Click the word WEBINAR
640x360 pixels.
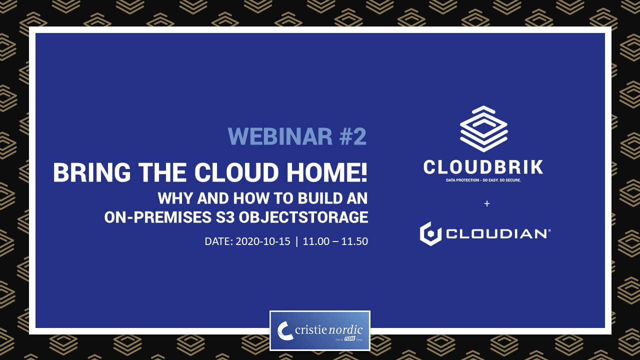pyautogui.click(x=280, y=136)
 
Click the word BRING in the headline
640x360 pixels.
pyautogui.click(x=92, y=172)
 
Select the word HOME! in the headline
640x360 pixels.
pyautogui.click(x=327, y=172)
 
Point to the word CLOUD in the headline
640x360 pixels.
pyautogui.click(x=236, y=172)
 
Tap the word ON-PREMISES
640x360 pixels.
pyautogui.click(x=157, y=217)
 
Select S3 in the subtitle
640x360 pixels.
pyautogui.click(x=225, y=217)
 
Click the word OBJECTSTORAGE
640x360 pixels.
pyautogui.click(x=303, y=217)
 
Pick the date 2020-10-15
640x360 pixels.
pyautogui.click(x=263, y=241)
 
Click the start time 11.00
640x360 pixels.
pyautogui.click(x=316, y=241)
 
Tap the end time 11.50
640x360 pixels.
pyautogui.click(x=354, y=241)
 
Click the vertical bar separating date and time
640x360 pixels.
pyautogui.click(x=297, y=241)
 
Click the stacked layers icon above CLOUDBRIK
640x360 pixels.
pyautogui.click(x=483, y=129)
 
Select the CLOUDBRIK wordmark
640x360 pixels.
pyautogui.click(x=483, y=167)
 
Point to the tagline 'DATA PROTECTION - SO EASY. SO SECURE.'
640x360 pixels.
pyautogui.click(x=483, y=180)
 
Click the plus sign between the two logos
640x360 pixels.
pyautogui.click(x=487, y=203)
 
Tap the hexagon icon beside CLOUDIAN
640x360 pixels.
pyautogui.click(x=430, y=233)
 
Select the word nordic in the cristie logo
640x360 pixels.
pyautogui.click(x=346, y=330)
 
